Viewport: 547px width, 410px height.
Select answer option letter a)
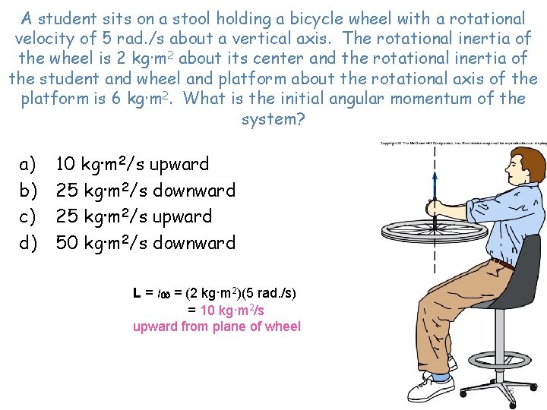point(28,164)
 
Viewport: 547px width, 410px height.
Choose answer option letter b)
point(28,191)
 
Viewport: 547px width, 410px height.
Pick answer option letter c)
point(28,217)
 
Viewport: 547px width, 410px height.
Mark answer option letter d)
point(28,244)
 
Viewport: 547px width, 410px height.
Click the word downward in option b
point(194,191)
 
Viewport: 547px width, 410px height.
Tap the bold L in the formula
point(138,293)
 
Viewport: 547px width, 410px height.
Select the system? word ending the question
point(273,120)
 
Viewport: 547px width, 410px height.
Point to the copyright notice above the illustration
point(463,143)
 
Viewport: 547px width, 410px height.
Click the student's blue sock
point(439,375)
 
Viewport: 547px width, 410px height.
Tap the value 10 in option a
point(66,164)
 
